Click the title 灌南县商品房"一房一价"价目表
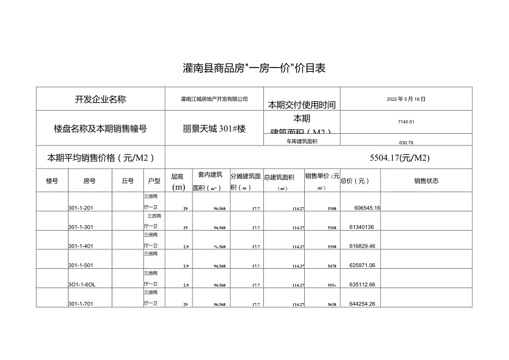254,69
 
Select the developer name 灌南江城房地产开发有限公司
214,99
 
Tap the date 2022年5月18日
407,99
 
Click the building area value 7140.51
406,122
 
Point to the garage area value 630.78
406,142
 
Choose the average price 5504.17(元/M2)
400,158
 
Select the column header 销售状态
426,181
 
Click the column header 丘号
127,181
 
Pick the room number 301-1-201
84,208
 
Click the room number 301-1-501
84,265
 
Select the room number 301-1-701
84,304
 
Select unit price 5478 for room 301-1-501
332,266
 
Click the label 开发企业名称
101,100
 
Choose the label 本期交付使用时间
301,105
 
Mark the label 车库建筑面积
302,142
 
